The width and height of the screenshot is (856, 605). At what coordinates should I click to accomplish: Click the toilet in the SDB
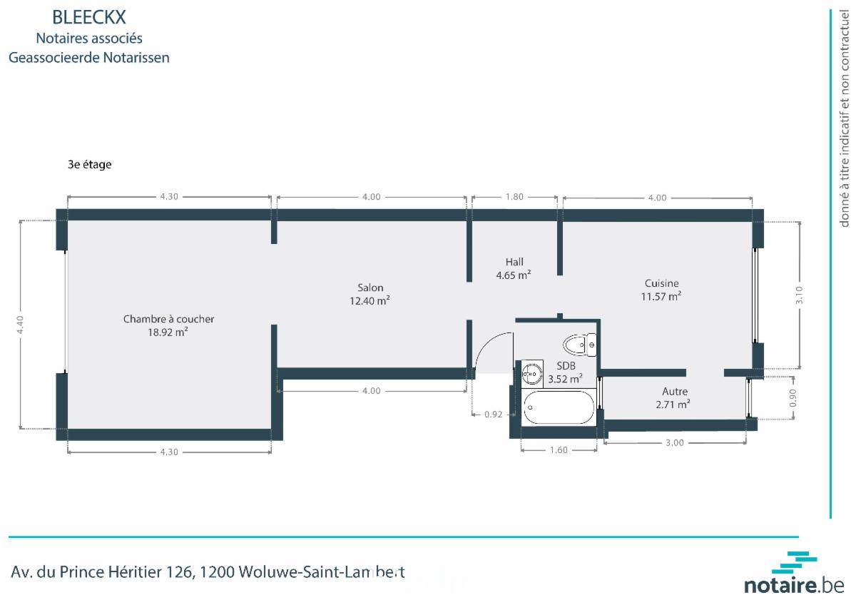pos(580,345)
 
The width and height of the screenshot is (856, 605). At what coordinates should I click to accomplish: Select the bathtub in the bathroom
pos(559,407)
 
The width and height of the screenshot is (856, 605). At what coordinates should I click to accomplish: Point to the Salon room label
pos(370,288)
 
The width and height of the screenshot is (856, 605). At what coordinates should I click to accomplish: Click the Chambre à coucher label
pos(168,319)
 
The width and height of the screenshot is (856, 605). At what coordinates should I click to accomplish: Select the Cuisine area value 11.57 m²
pos(661,296)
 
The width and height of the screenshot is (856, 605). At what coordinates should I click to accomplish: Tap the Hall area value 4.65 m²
pos(514,275)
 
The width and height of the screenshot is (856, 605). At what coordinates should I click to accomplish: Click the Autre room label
pos(675,392)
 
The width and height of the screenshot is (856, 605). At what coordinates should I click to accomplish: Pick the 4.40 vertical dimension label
pos(20,325)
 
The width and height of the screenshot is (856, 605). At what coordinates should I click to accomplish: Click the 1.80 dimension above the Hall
pos(514,197)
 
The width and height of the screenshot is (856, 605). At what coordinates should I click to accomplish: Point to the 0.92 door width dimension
pos(494,415)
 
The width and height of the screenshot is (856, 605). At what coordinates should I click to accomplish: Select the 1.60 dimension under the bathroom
pos(559,450)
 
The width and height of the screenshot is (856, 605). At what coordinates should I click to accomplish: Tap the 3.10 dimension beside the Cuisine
pos(799,295)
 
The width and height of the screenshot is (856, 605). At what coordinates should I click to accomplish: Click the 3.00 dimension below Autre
pos(675,442)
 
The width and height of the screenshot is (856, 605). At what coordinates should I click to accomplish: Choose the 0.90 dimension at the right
pos(793,398)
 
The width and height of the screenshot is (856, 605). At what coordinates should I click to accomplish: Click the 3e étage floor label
pos(90,164)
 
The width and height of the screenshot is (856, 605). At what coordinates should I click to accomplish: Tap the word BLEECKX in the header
pos(89,17)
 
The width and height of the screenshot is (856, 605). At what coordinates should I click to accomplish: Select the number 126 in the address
pos(179,572)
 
